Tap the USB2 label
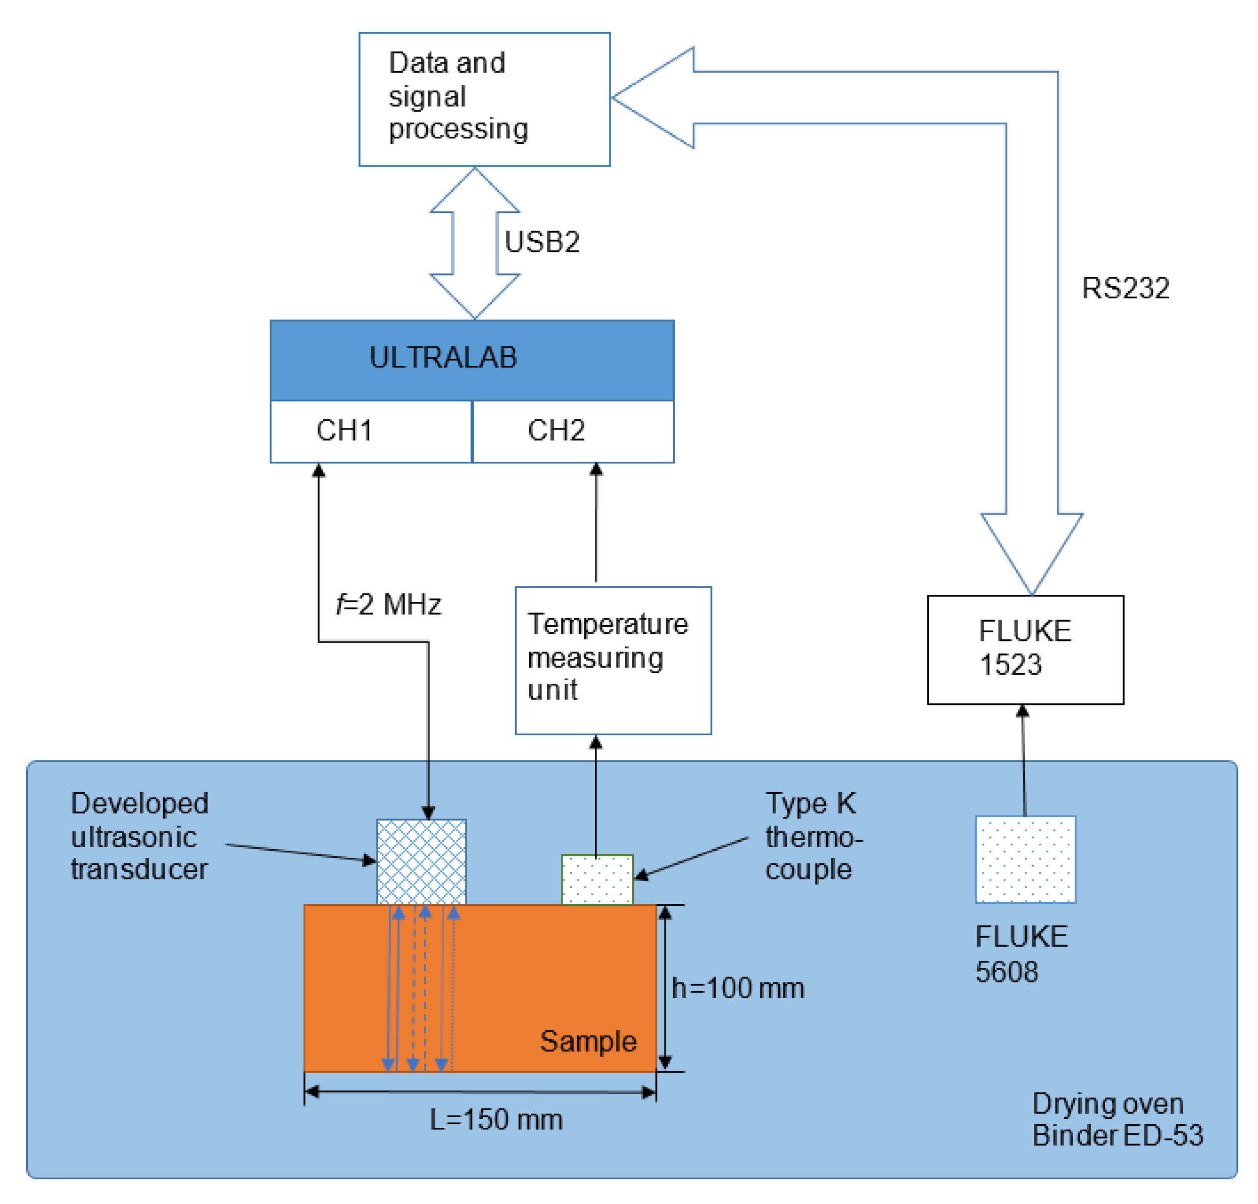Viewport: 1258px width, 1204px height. pyautogui.click(x=542, y=242)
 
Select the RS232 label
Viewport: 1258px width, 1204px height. pyautogui.click(x=1125, y=288)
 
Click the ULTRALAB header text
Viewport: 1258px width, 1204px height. pyautogui.click(x=443, y=357)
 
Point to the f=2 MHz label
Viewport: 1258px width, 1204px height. pyautogui.click(x=389, y=604)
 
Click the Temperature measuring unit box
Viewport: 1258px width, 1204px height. pyautogui.click(x=613, y=660)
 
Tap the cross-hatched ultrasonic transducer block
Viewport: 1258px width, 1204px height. pyautogui.click(x=421, y=861)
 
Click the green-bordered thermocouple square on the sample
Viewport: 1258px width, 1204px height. pyautogui.click(x=597, y=880)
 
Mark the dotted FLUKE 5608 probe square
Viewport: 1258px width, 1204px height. pyautogui.click(x=1025, y=859)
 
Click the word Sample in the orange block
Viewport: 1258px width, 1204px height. pyautogui.click(x=588, y=1041)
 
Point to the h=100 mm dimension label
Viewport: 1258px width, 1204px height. pyautogui.click(x=737, y=989)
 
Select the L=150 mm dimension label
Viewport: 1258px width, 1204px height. pyautogui.click(x=495, y=1119)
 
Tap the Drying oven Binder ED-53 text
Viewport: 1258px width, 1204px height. pyautogui.click(x=1116, y=1119)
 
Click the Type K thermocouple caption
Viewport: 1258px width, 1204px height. pyautogui.click(x=813, y=837)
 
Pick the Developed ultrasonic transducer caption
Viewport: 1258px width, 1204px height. pyautogui.click(x=139, y=837)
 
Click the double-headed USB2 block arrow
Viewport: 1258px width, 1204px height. pyautogui.click(x=474, y=244)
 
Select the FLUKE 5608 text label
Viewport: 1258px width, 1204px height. pyautogui.click(x=1021, y=954)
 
